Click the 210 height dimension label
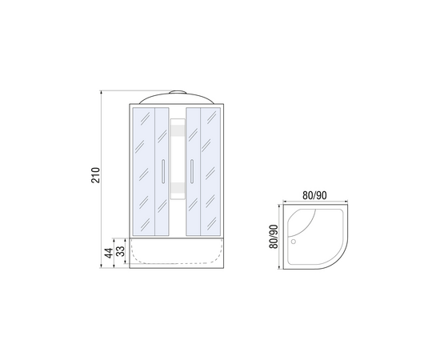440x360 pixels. click(x=95, y=175)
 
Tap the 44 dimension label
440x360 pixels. click(x=109, y=253)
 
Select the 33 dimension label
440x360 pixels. click(x=120, y=251)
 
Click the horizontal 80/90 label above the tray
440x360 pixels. click(x=314, y=195)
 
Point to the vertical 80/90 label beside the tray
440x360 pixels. click(x=274, y=237)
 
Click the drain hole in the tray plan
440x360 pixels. click(x=294, y=242)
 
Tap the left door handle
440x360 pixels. click(x=163, y=171)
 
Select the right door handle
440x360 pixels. click(x=192, y=171)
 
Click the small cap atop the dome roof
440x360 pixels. click(x=178, y=92)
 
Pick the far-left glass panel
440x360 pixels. click(x=144, y=171)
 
